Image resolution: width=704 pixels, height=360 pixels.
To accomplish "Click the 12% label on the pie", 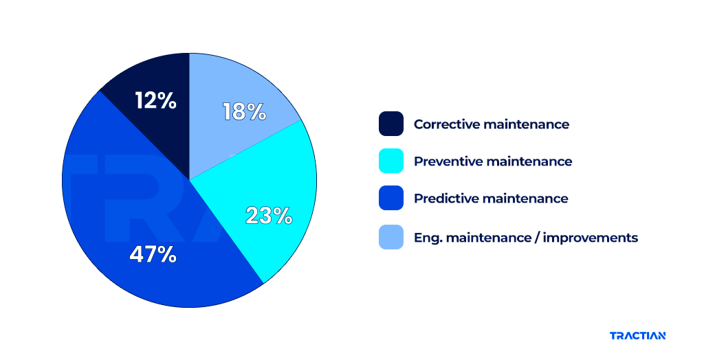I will point(156,101).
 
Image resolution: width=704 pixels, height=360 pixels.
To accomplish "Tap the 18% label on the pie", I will point(244,111).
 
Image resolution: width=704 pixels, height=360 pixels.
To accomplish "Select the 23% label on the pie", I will point(269,216).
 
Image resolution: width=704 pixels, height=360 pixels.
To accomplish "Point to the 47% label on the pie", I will point(153,255).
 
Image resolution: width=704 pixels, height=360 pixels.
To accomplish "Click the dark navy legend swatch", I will point(391,124).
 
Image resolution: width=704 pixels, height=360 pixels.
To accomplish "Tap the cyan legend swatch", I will point(391,161).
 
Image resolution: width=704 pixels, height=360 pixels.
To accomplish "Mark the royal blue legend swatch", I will point(391,199).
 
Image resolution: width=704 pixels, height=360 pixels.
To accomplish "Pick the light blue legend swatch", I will point(391,237).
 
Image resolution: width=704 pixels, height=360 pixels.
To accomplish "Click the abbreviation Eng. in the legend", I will point(427,238).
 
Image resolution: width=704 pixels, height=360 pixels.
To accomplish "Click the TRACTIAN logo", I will point(637,336).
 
